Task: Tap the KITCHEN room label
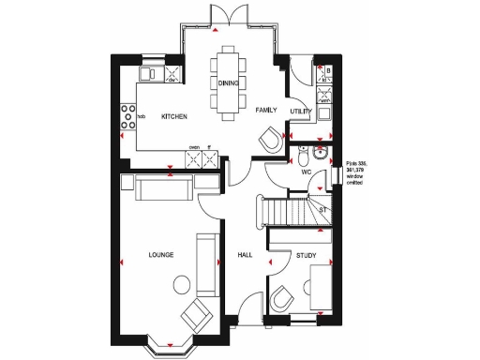[174, 117]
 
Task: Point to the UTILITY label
[301, 111]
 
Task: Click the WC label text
[306, 172]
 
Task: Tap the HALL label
[245, 254]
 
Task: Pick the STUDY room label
[306, 254]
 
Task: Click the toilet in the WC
[320, 156]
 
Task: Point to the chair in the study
[281, 299]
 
